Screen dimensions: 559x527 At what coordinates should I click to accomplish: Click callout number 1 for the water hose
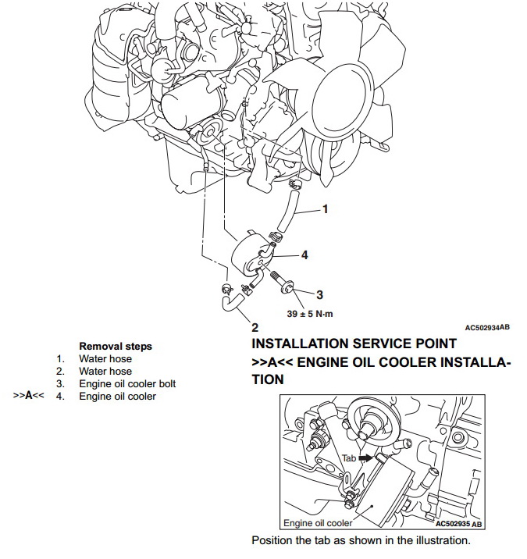(326, 209)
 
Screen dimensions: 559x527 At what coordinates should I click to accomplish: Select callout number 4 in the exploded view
(305, 255)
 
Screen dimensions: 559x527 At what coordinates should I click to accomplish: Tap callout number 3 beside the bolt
(319, 294)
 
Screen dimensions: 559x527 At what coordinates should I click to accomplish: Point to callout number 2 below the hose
(255, 326)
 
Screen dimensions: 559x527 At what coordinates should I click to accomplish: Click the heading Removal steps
(116, 346)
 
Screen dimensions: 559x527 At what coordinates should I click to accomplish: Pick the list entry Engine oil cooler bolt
(127, 383)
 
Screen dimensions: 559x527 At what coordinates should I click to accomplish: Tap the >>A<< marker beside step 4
(28, 396)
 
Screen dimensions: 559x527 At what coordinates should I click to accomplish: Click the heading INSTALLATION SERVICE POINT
(354, 344)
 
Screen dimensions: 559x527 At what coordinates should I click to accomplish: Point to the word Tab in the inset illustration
(349, 458)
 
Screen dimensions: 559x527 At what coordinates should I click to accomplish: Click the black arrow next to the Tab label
(365, 458)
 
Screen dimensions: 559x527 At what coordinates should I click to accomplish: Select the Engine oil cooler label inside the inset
(316, 523)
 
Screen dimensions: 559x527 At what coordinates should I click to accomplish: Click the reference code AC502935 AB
(458, 524)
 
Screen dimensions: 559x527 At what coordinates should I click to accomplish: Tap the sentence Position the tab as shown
(361, 540)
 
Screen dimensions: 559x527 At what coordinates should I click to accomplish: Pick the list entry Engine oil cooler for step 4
(117, 396)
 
